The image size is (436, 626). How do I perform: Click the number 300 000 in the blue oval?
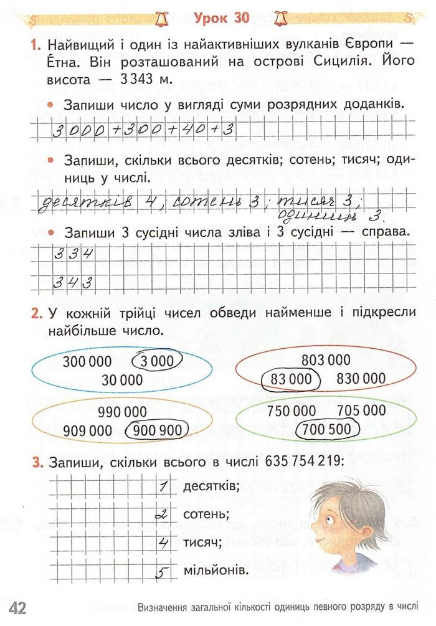click(87, 361)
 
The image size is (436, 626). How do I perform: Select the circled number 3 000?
click(157, 361)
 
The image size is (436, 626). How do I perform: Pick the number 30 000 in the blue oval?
click(122, 380)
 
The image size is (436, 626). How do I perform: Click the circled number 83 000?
click(290, 378)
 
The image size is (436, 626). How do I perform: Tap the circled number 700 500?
click(326, 429)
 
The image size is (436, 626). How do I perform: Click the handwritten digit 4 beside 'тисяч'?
click(163, 542)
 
